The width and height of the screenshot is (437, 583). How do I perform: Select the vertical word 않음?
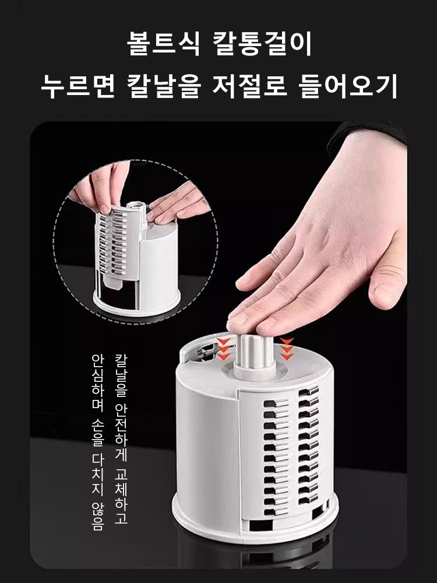(x=97, y=516)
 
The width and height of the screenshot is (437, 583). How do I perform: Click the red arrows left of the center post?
(x=224, y=349)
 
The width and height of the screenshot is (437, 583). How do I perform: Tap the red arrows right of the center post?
(x=286, y=348)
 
